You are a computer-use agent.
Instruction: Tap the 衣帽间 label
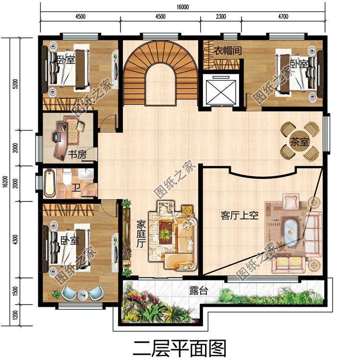[x=228, y=51]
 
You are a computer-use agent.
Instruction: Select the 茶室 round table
[x=300, y=141]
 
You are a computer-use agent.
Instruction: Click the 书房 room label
[x=77, y=155]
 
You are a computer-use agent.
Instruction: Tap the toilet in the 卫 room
[x=67, y=177]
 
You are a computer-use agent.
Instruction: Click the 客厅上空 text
[x=240, y=216]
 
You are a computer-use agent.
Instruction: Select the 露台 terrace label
[x=199, y=290]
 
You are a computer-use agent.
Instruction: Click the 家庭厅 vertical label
[x=141, y=234]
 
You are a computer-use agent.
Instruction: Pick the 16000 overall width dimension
[x=182, y=7]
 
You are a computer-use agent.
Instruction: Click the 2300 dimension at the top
[x=221, y=16]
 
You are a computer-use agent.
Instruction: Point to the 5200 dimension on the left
[x=15, y=84]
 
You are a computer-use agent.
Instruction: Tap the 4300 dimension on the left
[x=15, y=240]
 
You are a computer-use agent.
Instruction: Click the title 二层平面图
[x=180, y=349]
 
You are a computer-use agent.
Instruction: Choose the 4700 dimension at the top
[x=283, y=16]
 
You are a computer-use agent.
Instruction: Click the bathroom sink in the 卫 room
[x=85, y=173]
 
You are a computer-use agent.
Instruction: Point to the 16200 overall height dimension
[x=6, y=181]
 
